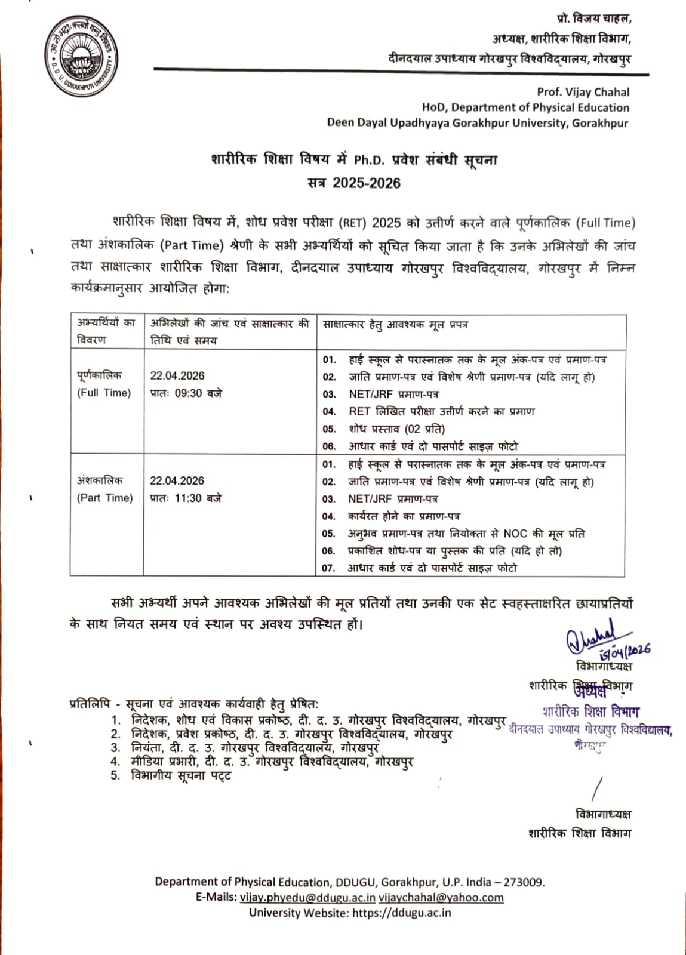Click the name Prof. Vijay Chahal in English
click(x=583, y=92)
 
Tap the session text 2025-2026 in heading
click(x=366, y=183)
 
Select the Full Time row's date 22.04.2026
click(x=177, y=376)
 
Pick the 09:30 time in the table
click(x=188, y=393)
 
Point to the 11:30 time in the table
click(x=188, y=498)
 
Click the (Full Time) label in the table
click(x=104, y=393)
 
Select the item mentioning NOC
click(x=466, y=534)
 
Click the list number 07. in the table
click(x=329, y=568)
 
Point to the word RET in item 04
click(x=359, y=412)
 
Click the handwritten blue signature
click(x=591, y=638)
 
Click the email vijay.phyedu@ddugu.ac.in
click(x=307, y=898)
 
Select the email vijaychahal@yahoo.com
click(x=441, y=898)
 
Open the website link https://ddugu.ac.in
click(x=401, y=913)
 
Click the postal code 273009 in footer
click(x=524, y=882)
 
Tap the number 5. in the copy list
click(x=115, y=776)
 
